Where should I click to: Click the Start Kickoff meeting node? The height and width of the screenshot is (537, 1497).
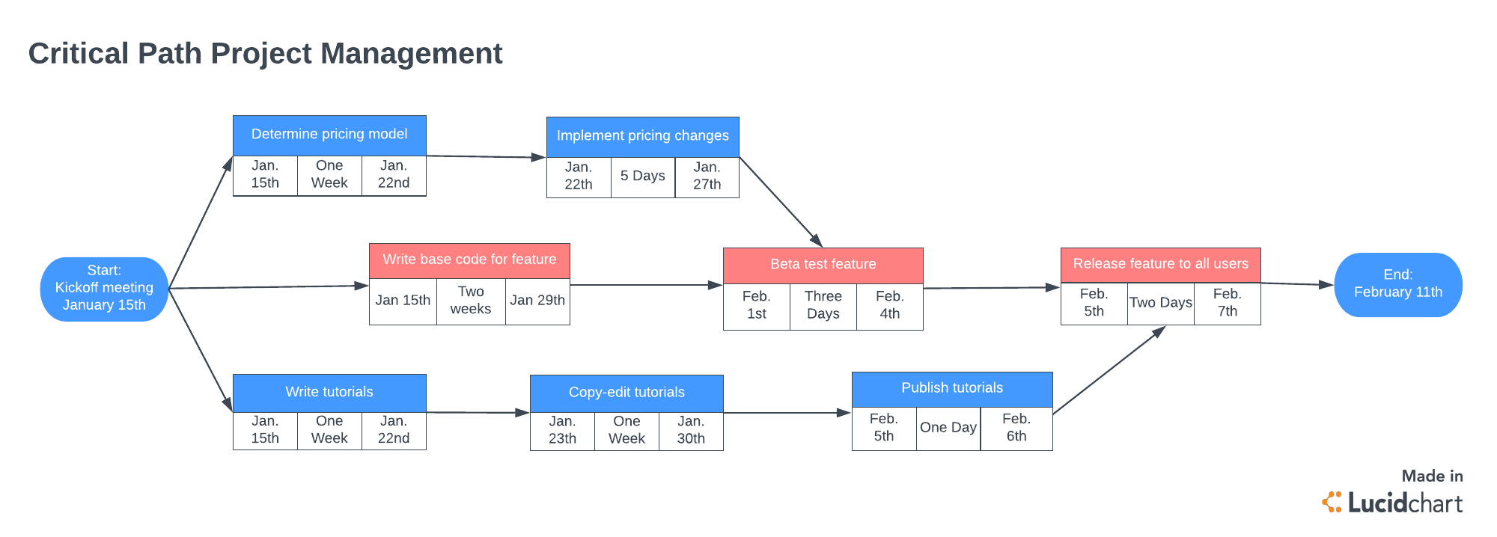(104, 289)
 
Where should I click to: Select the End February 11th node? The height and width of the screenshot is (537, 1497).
(1397, 284)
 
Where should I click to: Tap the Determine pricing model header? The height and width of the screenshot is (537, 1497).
(329, 135)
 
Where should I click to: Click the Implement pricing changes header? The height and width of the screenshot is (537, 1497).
(642, 136)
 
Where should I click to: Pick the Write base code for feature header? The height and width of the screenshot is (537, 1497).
(469, 260)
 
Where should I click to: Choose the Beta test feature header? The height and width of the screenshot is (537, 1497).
(823, 265)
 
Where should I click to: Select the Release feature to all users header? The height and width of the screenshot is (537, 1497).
(1160, 264)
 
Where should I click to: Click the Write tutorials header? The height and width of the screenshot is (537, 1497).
(329, 392)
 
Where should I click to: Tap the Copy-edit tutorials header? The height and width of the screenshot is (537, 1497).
(626, 393)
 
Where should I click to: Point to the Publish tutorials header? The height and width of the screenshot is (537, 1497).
(952, 388)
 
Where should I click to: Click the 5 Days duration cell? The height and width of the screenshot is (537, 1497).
(642, 177)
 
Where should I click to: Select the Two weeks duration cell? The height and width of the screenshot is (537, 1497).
(471, 301)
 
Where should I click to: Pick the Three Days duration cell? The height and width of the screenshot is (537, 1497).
(823, 306)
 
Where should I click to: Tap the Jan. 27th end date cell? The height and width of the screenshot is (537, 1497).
(707, 177)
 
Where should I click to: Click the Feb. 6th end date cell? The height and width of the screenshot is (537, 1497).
(1016, 428)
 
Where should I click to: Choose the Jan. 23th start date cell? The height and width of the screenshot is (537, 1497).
(562, 431)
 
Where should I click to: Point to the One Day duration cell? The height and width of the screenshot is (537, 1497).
(948, 428)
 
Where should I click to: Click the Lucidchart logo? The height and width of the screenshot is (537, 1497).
(1393, 503)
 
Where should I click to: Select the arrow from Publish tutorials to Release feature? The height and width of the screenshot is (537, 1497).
(1108, 370)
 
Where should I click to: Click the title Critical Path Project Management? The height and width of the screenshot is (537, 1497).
(265, 54)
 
